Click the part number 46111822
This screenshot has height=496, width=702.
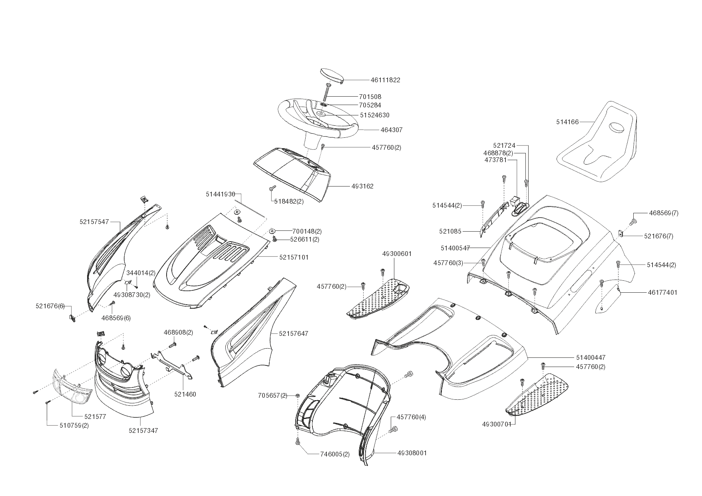point(385,80)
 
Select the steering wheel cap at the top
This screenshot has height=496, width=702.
point(332,76)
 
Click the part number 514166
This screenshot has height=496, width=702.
point(567,122)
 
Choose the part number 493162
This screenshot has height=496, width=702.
point(362,186)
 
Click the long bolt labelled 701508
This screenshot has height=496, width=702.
point(325,93)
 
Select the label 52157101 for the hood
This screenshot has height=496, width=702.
point(294,257)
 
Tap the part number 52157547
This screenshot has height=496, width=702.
point(94,222)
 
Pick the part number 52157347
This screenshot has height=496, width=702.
point(143,431)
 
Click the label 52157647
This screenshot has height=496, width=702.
point(294,333)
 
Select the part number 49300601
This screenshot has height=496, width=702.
point(397,254)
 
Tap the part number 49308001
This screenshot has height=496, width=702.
point(412,453)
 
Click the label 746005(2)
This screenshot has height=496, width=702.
point(335,454)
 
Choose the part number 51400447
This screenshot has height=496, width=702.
point(591,357)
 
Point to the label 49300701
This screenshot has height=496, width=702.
point(497,424)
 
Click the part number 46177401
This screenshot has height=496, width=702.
point(662,292)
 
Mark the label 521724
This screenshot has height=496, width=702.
point(504,145)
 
